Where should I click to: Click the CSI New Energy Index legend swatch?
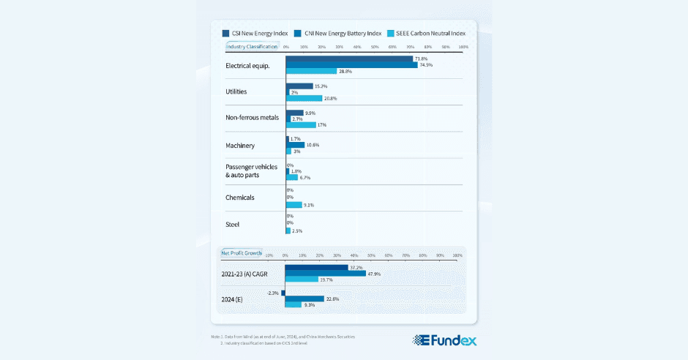point(225,34)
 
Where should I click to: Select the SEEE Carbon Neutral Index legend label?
point(435,34)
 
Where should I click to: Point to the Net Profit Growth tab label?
point(242,253)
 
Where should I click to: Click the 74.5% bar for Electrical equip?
point(351,64)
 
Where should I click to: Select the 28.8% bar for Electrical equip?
point(311,71)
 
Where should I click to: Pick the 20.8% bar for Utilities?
point(304,98)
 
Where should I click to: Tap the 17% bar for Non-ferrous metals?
point(301,125)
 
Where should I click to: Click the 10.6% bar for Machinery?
point(295,145)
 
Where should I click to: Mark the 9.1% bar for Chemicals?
point(293,205)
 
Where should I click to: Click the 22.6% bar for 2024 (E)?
point(304,299)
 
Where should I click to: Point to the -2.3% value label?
point(273,293)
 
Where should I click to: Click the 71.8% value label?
point(421,59)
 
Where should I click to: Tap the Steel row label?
point(233,225)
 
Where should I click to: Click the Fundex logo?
point(444,340)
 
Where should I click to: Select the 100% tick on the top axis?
point(463,47)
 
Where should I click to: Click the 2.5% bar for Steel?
point(288,230)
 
